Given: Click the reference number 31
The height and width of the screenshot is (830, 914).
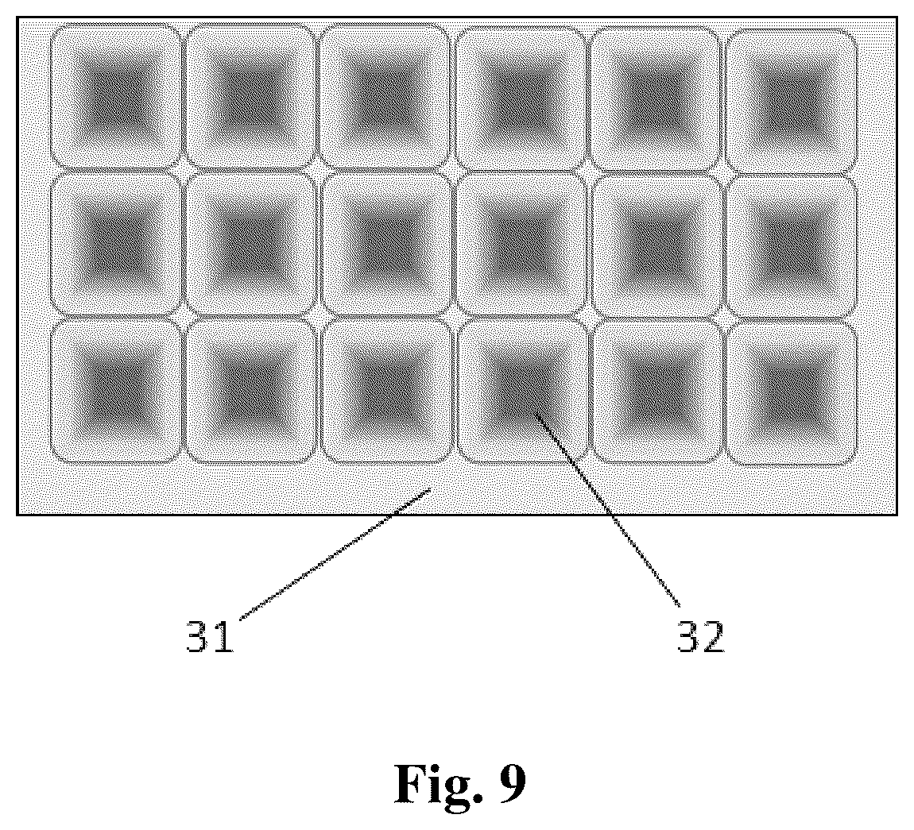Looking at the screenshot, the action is [x=210, y=637].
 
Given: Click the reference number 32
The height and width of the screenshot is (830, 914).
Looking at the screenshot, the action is [x=701, y=637].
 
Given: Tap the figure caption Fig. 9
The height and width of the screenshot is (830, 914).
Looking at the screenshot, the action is [x=460, y=783].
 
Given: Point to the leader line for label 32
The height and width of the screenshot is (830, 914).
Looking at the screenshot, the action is [x=607, y=510].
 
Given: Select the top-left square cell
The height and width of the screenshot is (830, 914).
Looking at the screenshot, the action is [x=116, y=96].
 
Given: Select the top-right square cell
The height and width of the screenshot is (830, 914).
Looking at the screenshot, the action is [x=792, y=100].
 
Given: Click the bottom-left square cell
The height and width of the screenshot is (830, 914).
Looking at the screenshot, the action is [x=117, y=392].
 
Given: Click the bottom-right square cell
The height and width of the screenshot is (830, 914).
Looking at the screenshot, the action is [x=792, y=393].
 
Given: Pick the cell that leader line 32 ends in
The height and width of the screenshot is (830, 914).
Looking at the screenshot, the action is [x=522, y=392].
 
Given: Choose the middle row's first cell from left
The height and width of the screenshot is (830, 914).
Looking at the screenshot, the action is [x=116, y=244].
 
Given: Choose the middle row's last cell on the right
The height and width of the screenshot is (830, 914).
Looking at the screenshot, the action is [x=792, y=246].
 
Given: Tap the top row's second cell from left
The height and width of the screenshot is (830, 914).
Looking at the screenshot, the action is [x=250, y=97].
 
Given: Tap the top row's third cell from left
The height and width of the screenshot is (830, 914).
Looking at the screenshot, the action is [x=385, y=97].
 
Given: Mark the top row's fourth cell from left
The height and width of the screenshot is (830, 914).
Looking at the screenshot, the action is [x=521, y=99].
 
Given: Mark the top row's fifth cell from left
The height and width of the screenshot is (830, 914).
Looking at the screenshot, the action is [x=656, y=99].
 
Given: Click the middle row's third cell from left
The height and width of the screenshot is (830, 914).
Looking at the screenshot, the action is [x=386, y=245].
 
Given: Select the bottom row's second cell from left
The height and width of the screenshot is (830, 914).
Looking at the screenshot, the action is [x=251, y=392].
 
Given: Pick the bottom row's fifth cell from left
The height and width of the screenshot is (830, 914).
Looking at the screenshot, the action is [x=657, y=392].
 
